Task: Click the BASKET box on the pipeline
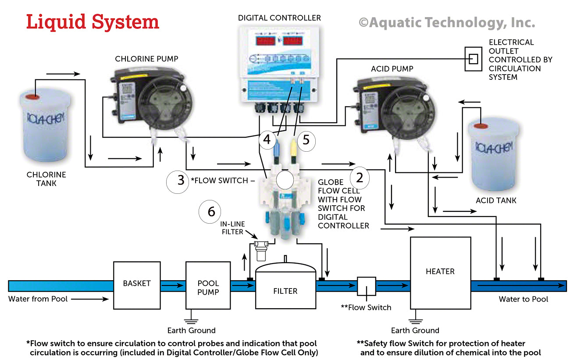(x=136, y=285)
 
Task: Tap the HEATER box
(x=440, y=272)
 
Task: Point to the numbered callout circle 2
(x=360, y=178)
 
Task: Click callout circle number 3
(x=181, y=181)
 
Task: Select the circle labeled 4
(x=267, y=139)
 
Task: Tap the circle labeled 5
(x=306, y=139)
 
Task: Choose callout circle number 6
(x=211, y=211)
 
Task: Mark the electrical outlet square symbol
(x=473, y=58)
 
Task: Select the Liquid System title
(x=92, y=22)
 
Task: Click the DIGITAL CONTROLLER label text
(x=279, y=18)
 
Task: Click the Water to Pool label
(x=524, y=299)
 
